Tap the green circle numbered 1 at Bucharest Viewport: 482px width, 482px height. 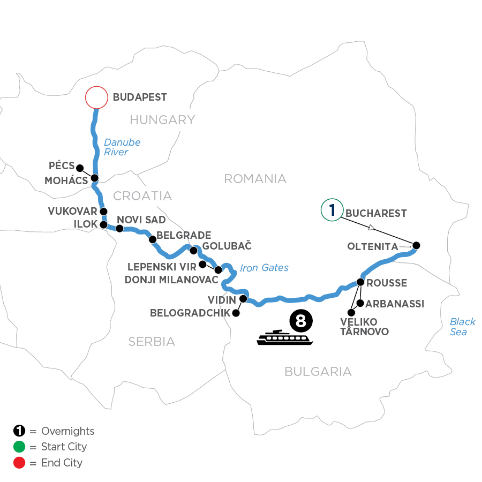[x=332, y=209]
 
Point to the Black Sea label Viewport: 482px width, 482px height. [x=462, y=327]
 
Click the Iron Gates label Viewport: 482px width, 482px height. [x=265, y=267]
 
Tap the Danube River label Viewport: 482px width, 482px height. [x=122, y=147]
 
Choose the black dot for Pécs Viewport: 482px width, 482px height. [x=80, y=167]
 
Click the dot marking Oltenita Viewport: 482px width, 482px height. [x=416, y=246]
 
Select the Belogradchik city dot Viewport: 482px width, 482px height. [x=235, y=314]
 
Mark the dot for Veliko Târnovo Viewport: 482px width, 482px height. [x=351, y=313]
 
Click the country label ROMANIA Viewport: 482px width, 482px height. [x=255, y=179]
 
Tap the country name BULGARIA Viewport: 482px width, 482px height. [x=318, y=371]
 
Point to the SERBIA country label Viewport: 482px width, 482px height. [x=152, y=341]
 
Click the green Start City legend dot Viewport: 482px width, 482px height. [x=19, y=447]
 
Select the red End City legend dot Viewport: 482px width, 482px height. [x=19, y=462]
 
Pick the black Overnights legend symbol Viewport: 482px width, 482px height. [x=19, y=431]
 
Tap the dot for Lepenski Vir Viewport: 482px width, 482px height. [x=202, y=265]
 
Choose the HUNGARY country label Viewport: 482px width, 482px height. [x=162, y=120]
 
